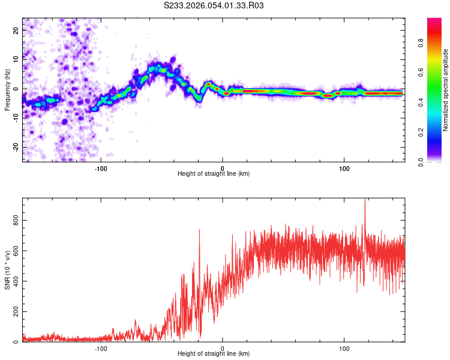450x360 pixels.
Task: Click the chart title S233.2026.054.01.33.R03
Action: (x=214, y=5)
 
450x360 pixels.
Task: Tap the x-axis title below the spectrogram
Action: (x=214, y=174)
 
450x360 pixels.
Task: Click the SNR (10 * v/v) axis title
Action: (x=7, y=270)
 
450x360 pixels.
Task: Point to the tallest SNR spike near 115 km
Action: (x=365, y=200)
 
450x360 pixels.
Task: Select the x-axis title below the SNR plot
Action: (x=214, y=354)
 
